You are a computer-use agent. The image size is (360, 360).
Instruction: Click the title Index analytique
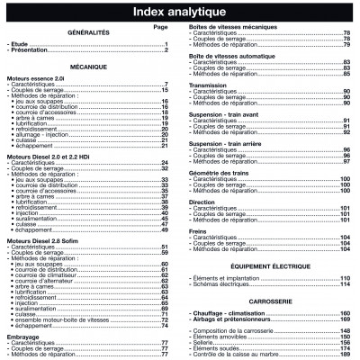[x=179, y=13]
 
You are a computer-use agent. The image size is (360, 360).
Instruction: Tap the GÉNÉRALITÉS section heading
[x=87, y=33]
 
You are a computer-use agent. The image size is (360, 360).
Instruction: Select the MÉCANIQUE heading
[x=87, y=67]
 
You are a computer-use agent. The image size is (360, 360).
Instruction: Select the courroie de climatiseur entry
[x=49, y=274]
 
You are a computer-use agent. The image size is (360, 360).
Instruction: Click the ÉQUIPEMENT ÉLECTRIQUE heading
[x=269, y=266]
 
